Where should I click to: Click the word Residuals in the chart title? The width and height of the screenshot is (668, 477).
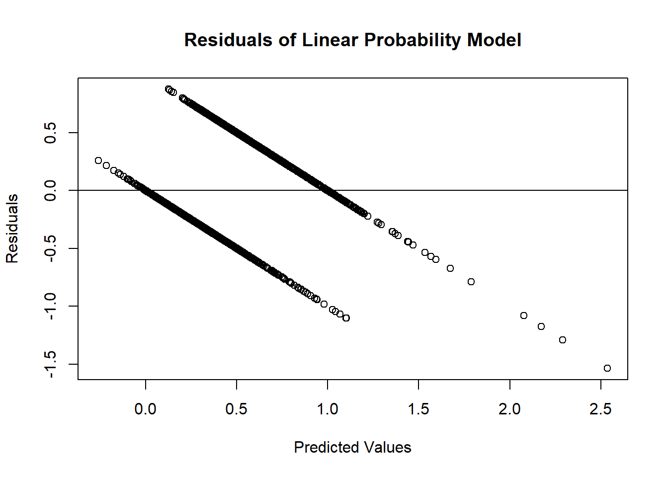point(228,40)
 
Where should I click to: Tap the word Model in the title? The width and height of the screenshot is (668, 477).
point(494,40)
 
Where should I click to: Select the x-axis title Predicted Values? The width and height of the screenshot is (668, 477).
point(352,447)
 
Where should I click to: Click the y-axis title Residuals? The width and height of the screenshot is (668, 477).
point(12,229)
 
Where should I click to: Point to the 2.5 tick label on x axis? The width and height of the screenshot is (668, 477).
point(600,409)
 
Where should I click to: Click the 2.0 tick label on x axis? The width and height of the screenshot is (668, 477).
point(509,409)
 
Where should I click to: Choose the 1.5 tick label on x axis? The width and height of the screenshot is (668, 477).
point(418,409)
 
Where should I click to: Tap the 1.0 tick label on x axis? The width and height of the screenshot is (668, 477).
point(328,409)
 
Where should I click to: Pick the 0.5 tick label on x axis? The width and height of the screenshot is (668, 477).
point(237,409)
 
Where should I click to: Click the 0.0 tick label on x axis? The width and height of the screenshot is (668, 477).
point(146,409)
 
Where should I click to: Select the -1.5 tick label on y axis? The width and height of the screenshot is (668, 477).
point(50,364)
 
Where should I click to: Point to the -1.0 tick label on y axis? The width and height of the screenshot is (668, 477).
point(50,306)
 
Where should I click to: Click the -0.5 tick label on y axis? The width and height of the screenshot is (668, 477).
point(50,248)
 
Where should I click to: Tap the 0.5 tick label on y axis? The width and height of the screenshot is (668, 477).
point(50,133)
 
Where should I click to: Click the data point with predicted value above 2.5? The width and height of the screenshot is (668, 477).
point(607,368)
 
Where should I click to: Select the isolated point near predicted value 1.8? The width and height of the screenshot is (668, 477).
point(471,282)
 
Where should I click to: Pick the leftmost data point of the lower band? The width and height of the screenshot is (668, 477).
point(98,160)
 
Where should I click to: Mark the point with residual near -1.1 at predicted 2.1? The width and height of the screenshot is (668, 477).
point(524,316)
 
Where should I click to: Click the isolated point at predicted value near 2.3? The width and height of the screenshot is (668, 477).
point(563,340)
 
